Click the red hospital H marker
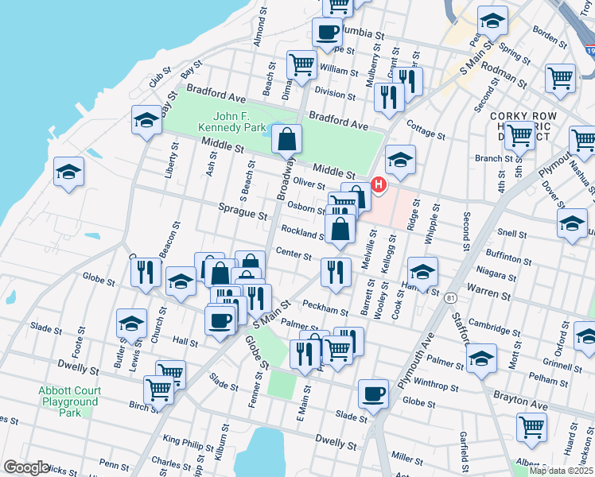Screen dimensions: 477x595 pos(379,185)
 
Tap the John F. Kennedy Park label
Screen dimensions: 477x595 pos(231,121)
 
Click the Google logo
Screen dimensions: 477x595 pos(26,467)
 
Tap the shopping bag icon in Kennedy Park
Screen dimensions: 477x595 pos(286,140)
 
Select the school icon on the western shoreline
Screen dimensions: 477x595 pos(69,173)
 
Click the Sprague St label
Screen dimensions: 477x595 pos(243,214)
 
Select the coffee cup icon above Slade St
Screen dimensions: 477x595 pos(373,394)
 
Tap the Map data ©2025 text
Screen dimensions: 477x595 pos(561,471)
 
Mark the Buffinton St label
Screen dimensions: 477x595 pos(507,259)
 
